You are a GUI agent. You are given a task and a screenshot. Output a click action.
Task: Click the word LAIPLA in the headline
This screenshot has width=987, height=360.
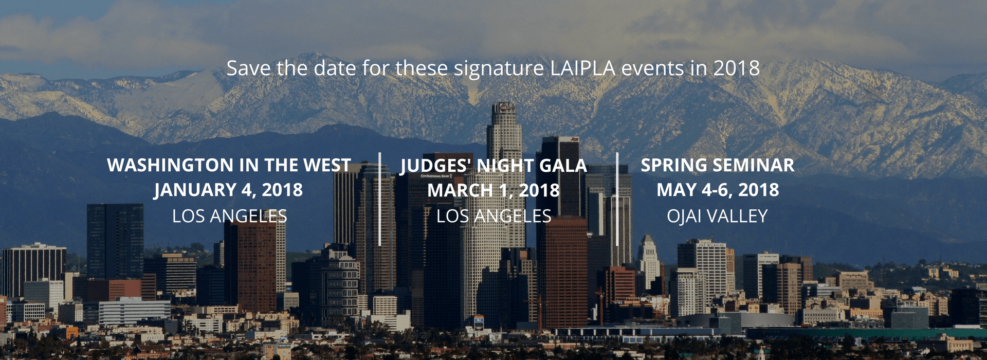pyautogui.click(x=582, y=68)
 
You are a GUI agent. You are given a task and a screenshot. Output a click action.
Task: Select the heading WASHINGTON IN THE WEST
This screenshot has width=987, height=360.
pyautogui.click(x=229, y=165)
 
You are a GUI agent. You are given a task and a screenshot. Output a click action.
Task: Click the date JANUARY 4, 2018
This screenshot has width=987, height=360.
pyautogui.click(x=229, y=190)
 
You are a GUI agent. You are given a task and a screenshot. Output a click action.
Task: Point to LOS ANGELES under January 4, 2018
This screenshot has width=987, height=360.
pyautogui.click(x=229, y=216)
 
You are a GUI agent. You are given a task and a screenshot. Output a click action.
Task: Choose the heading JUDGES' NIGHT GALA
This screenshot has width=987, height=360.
pyautogui.click(x=493, y=165)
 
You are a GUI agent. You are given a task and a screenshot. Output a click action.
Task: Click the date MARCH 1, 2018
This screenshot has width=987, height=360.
pyautogui.click(x=493, y=190)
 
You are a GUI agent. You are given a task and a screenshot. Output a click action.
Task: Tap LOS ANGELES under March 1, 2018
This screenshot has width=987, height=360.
pyautogui.click(x=493, y=216)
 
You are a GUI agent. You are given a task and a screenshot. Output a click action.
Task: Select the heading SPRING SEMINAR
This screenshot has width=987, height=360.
pyautogui.click(x=718, y=165)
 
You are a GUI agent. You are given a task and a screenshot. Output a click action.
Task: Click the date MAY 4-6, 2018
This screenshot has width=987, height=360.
pyautogui.click(x=718, y=190)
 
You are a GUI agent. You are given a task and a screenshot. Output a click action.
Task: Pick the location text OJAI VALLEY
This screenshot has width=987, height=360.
pyautogui.click(x=718, y=216)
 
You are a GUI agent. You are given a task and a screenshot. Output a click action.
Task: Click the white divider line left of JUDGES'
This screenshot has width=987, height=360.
pyautogui.click(x=380, y=199)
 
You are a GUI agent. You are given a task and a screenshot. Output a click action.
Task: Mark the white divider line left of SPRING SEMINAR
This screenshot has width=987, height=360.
pyautogui.click(x=617, y=199)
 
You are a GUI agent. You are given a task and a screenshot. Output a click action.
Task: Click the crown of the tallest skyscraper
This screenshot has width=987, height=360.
pyautogui.click(x=503, y=109)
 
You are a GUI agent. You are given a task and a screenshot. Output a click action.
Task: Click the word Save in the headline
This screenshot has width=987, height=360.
pyautogui.click(x=249, y=68)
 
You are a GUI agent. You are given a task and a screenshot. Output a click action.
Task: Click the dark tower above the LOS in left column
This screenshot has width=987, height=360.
pyautogui.click(x=115, y=241)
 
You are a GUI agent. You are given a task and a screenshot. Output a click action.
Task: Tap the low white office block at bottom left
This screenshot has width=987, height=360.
pyautogui.click(x=134, y=311)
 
